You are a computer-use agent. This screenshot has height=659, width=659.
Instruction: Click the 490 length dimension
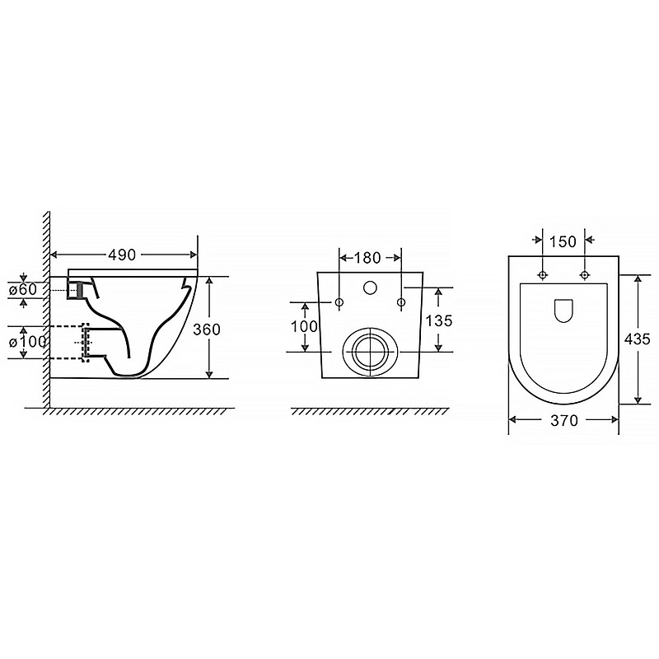pos(122,255)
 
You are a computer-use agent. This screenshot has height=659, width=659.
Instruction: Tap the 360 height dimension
pos(207,329)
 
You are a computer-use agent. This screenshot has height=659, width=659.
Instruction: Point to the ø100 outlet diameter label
pos(27,342)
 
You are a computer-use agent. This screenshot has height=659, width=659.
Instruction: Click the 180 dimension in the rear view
pos(367,258)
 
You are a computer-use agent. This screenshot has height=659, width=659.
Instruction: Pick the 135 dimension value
pos(439,320)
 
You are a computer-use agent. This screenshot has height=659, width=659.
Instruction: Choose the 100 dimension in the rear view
pos(305,325)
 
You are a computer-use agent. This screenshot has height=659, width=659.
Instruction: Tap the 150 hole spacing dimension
pos(563,241)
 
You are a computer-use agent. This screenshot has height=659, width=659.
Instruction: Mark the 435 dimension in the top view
pos(637,339)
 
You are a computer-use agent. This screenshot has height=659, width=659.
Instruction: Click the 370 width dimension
pos(563,420)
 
